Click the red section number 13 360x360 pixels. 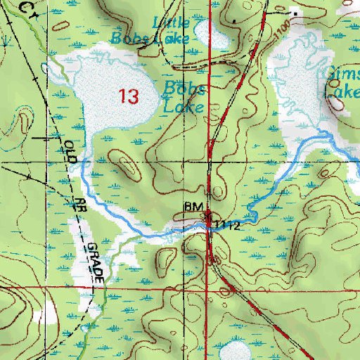pos(129,96)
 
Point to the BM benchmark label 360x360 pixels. pos(193,207)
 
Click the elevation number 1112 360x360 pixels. pos(228,225)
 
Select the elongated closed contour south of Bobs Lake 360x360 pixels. pos(127,166)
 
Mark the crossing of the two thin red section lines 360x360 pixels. pos(212,162)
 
